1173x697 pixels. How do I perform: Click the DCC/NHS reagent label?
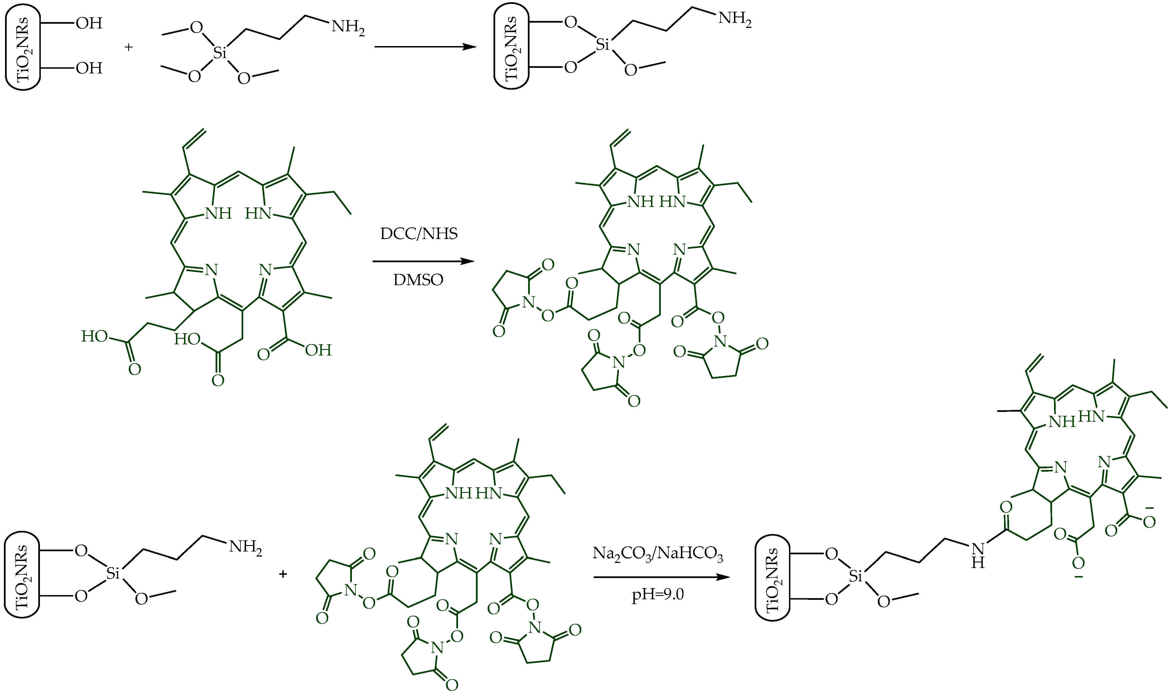coord(419,234)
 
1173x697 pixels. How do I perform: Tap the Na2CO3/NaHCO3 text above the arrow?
coord(658,554)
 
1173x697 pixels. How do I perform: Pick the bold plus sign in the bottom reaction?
coord(283,574)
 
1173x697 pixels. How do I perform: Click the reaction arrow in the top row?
coord(425,47)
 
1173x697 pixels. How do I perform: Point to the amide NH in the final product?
coord(978,555)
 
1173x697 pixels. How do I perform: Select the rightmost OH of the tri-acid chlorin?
coord(318,350)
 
